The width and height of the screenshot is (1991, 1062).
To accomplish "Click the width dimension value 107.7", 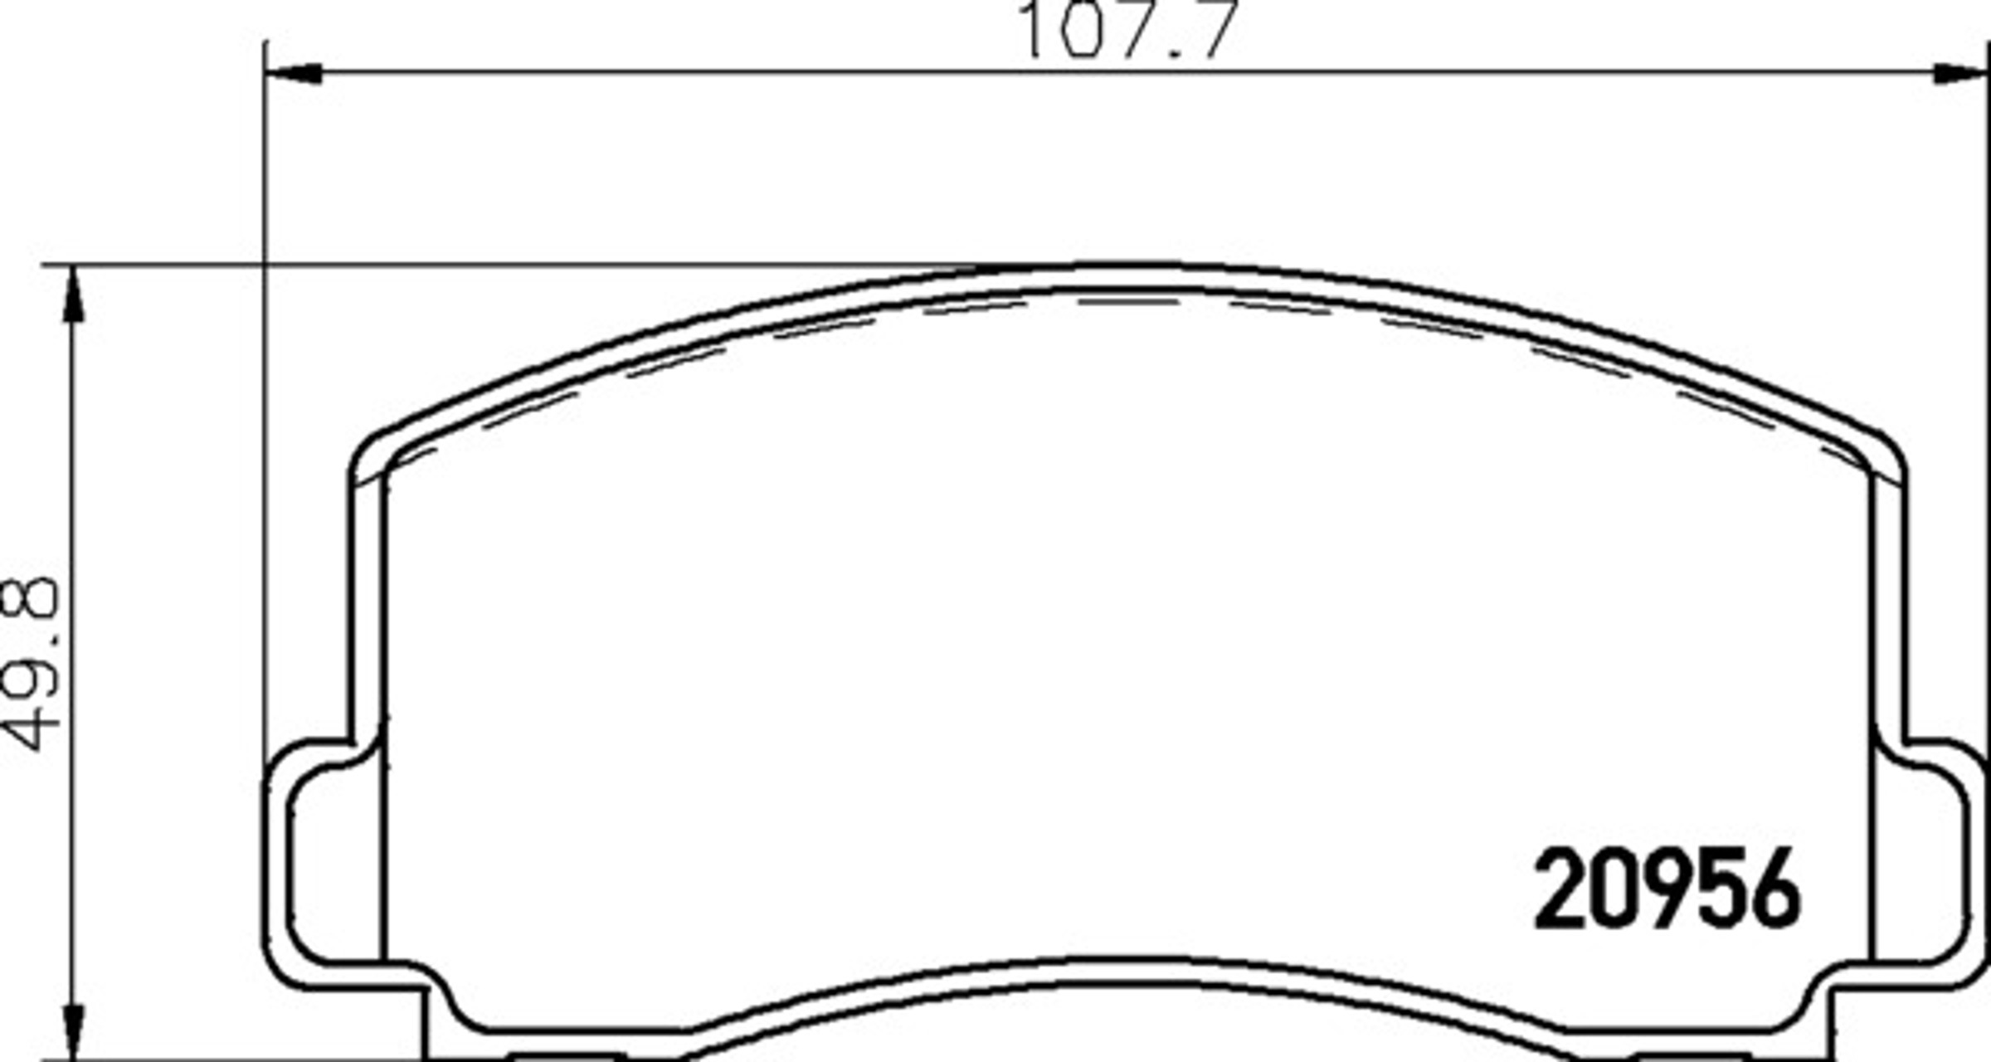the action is pos(1128,29).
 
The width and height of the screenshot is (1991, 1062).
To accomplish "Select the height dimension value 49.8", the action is pos(31,664).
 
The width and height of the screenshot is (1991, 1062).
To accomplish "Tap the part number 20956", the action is pos(1667,889).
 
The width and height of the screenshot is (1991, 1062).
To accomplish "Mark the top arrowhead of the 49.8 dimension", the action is pos(74,294).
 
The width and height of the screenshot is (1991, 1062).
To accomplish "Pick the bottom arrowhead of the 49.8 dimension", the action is pos(74,1030).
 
